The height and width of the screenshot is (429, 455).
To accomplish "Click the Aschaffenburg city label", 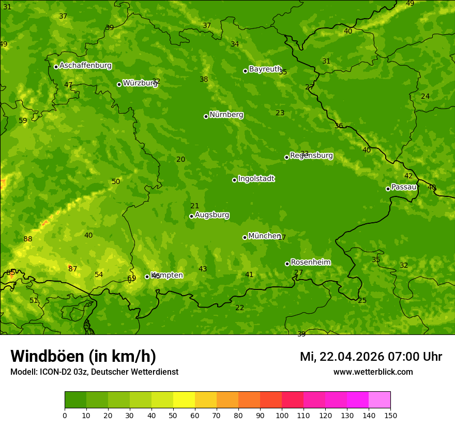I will point(85,66).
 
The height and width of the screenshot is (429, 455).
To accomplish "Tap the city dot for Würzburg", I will point(119,84).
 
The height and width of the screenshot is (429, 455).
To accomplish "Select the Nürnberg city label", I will point(226,115).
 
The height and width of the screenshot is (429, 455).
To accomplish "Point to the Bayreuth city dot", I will point(245,71).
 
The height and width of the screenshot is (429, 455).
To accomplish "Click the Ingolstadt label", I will point(256,179).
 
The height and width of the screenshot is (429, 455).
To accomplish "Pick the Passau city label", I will point(404,187).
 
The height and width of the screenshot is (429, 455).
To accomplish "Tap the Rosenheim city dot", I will point(287,264).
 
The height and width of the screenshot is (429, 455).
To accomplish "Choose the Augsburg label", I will point(212,215).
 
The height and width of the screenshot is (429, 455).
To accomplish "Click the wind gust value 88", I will point(28,239).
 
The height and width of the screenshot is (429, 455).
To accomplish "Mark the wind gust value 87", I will point(73,269).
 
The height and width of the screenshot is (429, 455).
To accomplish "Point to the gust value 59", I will point(23,121).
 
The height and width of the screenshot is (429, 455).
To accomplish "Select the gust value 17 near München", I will point(282,238).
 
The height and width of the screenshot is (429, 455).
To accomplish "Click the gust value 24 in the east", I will point(425,97).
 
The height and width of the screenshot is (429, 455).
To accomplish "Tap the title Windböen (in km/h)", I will point(83,356).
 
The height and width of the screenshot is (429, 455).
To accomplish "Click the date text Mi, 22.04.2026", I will point(341,357).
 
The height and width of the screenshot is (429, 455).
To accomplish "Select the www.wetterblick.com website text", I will point(373,372).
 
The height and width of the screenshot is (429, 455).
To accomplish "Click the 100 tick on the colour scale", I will point(282,415).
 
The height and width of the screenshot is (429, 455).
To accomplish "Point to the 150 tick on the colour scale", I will point(390,415).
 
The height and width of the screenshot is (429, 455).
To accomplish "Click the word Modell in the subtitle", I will point(23,372).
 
